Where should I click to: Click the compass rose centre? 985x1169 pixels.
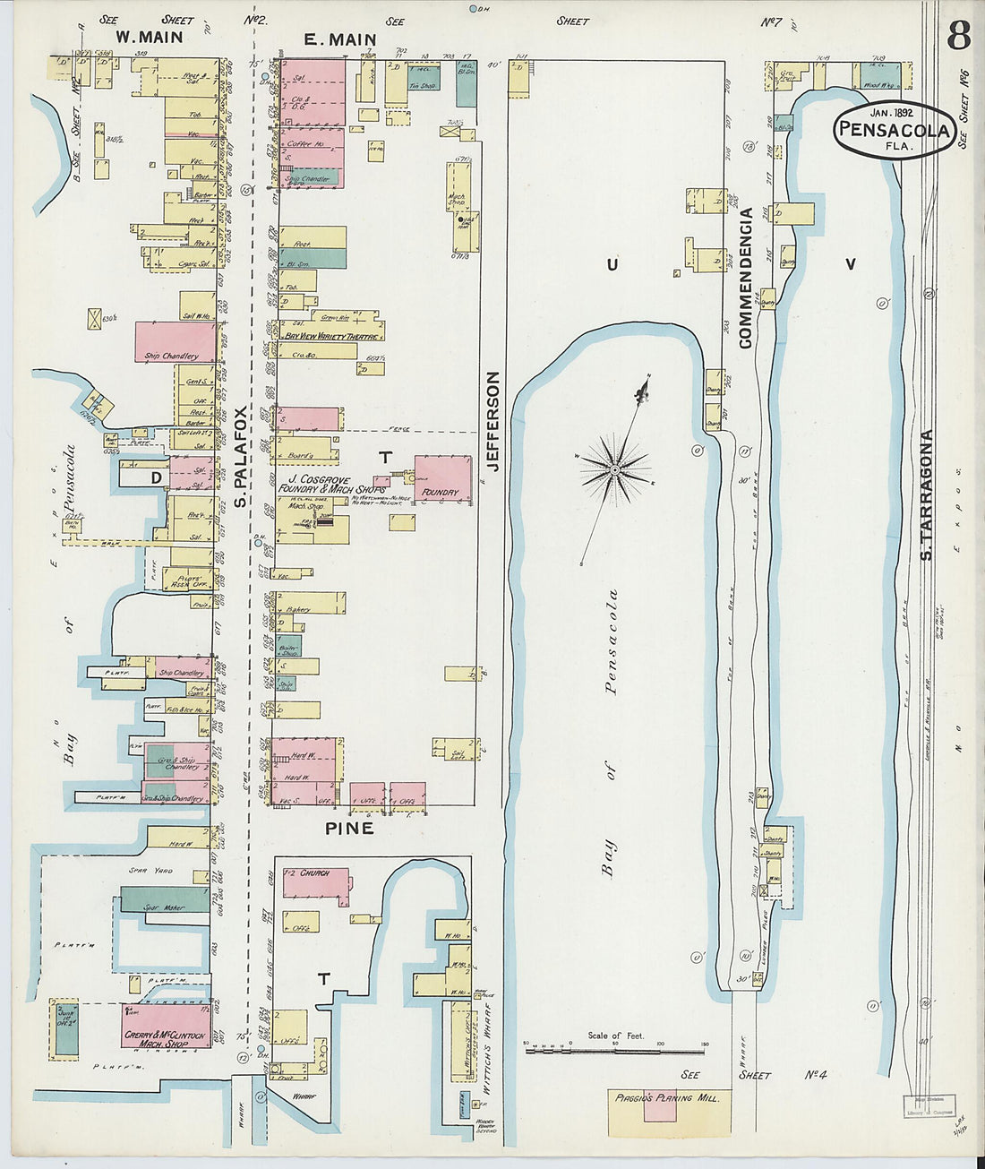615,468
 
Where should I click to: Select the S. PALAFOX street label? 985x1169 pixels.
241,458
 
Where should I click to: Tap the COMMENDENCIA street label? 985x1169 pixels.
745,278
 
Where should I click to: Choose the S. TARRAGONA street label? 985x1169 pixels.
928,494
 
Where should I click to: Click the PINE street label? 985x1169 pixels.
349,829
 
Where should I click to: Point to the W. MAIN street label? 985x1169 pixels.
150,38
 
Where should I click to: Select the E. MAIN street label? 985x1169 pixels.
339,39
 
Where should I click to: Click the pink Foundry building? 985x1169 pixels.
443,479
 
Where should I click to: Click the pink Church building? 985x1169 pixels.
315,882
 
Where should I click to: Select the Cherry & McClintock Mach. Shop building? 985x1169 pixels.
166,1026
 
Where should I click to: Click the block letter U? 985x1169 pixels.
612,263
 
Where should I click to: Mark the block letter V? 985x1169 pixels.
850,263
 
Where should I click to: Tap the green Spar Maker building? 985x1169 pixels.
164,899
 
